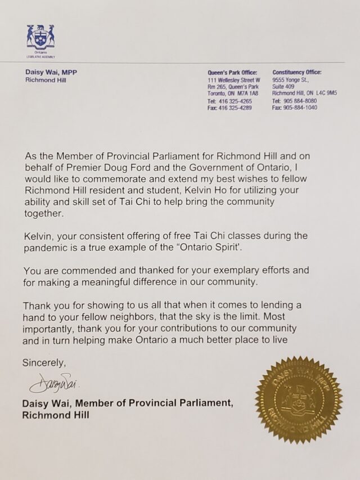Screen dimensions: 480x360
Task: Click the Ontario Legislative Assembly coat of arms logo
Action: [x=40, y=38]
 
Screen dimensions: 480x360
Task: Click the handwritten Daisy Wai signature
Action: [x=55, y=385]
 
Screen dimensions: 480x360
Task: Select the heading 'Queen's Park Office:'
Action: [x=232, y=73]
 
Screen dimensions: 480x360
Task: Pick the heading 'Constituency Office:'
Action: [x=296, y=73]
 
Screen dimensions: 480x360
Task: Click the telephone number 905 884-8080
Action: [x=304, y=101]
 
